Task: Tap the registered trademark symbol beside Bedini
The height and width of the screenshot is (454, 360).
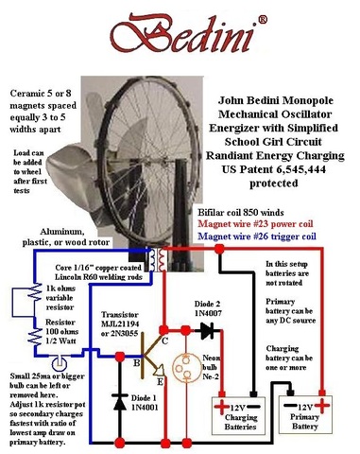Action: (x=263, y=20)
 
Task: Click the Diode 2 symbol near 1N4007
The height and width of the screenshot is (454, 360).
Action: (x=207, y=331)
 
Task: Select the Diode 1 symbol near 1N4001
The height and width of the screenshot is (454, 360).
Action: (x=120, y=401)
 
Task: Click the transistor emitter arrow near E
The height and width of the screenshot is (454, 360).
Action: (x=159, y=370)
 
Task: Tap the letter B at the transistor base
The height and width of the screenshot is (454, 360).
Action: (x=136, y=363)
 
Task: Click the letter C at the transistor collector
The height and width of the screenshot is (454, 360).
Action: (x=164, y=340)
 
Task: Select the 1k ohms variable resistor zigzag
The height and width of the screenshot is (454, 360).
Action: (x=35, y=292)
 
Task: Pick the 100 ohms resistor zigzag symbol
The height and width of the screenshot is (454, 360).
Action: (x=35, y=337)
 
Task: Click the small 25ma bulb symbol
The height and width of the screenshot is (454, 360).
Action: (x=60, y=363)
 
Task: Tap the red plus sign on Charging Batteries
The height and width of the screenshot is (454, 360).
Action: (x=222, y=406)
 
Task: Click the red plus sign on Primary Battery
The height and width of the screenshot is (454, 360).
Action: (x=322, y=405)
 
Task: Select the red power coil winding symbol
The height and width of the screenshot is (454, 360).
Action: (x=162, y=260)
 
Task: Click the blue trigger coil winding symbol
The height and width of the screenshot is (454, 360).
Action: (x=152, y=260)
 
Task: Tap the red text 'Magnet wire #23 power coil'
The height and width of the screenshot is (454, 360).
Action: (x=256, y=224)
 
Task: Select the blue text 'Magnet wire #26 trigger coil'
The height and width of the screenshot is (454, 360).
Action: (x=257, y=236)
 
